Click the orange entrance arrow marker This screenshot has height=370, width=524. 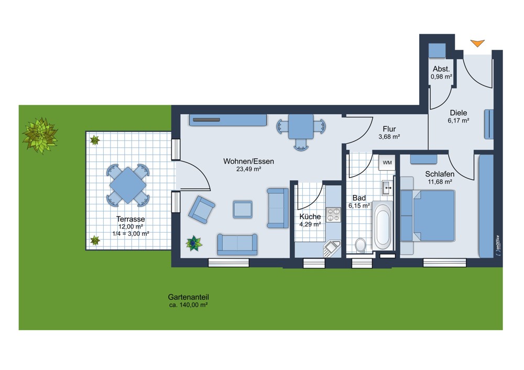tap(477, 43)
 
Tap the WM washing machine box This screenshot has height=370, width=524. tap(387, 163)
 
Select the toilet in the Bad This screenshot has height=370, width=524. tap(361, 245)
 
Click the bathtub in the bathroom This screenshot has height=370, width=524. tap(383, 225)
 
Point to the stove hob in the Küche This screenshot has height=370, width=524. tap(333, 214)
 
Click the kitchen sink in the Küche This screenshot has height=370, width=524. tap(332, 248)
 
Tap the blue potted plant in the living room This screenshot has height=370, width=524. tap(194, 243)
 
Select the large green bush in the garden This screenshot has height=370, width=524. tap(40, 135)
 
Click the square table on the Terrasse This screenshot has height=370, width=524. tap(128, 185)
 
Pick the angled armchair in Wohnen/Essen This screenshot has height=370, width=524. tap(201, 210)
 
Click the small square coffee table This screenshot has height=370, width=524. tap(243, 210)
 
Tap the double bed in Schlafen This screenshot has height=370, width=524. tap(428, 216)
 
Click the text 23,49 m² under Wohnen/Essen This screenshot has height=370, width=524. tap(248, 169)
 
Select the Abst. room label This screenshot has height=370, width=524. tap(441, 69)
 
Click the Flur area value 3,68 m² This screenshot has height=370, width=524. tap(389, 137)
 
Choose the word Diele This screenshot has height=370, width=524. tap(458, 113)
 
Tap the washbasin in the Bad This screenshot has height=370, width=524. tap(388, 188)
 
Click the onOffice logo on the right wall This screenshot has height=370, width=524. tap(498, 246)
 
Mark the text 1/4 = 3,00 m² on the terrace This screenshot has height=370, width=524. tap(130, 234)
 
